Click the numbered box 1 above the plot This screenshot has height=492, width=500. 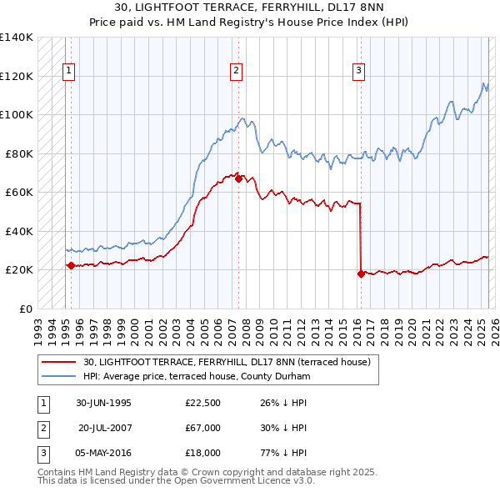click(x=67, y=71)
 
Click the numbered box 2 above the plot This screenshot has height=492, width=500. click(x=237, y=71)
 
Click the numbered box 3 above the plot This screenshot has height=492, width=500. click(x=358, y=71)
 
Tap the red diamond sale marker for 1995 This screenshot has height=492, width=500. click(x=71, y=265)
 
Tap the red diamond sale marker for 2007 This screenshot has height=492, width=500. click(x=239, y=178)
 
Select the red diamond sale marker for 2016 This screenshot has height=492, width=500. click(x=361, y=274)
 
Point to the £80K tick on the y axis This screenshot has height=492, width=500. click(x=18, y=153)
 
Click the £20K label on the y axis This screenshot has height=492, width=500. click(x=18, y=269)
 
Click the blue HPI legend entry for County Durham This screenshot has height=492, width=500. click(x=196, y=376)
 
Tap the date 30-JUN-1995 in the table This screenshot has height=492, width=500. click(x=103, y=402)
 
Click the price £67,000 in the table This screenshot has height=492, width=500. click(x=203, y=428)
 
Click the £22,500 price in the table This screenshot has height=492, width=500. click(x=203, y=402)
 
